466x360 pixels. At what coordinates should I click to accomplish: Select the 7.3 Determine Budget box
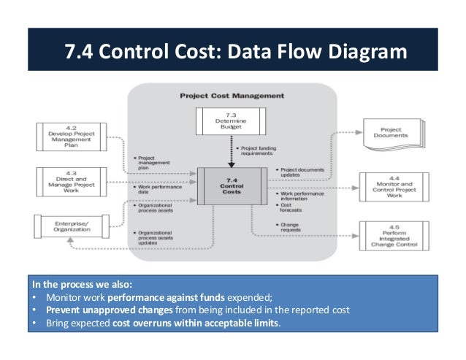(x=232, y=121)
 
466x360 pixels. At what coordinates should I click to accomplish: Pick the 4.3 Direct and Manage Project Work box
(x=71, y=180)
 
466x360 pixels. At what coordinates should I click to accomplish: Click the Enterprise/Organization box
(x=71, y=225)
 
